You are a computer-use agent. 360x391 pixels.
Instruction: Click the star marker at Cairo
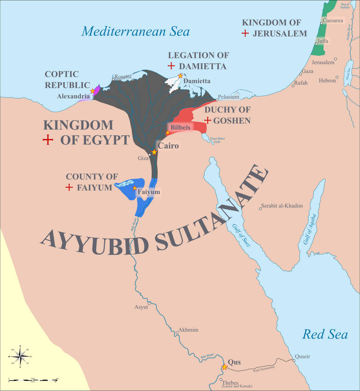(x=154, y=152)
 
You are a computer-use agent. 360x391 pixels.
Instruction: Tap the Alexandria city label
(x=73, y=96)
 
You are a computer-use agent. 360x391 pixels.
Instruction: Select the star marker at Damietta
(x=180, y=76)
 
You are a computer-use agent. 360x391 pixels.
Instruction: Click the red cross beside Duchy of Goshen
(x=207, y=120)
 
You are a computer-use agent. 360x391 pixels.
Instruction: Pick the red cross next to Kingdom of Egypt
(x=48, y=140)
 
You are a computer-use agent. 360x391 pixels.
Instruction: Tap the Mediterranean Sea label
(x=136, y=31)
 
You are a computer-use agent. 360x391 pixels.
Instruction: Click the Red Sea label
(x=325, y=335)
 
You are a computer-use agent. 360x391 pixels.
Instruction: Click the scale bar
(x=33, y=380)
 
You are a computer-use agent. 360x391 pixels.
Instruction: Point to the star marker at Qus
(x=224, y=367)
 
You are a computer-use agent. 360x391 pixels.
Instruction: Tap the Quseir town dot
(x=293, y=360)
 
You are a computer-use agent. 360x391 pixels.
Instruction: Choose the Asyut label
(x=141, y=307)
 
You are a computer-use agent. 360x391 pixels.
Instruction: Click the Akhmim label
(x=188, y=330)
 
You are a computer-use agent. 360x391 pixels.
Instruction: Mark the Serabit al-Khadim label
(x=281, y=206)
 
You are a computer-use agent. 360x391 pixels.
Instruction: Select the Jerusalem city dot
(x=335, y=59)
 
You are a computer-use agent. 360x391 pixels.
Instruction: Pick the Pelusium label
(x=229, y=97)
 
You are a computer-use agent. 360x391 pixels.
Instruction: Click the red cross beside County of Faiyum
(x=69, y=187)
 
